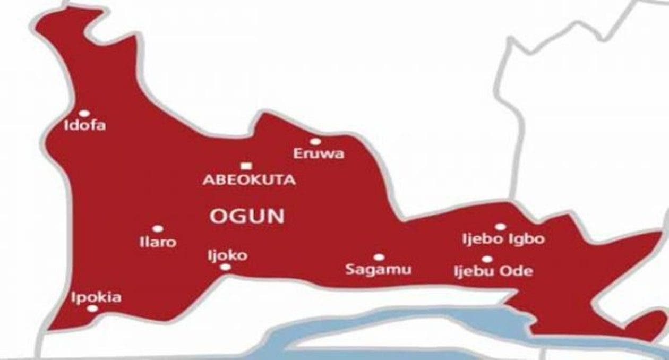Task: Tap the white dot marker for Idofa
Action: (84, 113)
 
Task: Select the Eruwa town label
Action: (319, 154)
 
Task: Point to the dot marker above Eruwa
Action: (315, 142)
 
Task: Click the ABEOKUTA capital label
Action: (249, 180)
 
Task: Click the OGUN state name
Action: (247, 216)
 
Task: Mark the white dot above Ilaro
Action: (157, 229)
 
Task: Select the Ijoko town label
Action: (227, 255)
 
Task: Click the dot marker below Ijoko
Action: (225, 267)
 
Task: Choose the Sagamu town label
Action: (378, 269)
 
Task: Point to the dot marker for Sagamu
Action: (379, 257)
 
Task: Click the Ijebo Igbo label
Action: (503, 239)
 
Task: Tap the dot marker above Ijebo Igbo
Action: (500, 227)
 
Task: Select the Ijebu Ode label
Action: (493, 271)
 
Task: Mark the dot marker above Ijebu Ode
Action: (487, 259)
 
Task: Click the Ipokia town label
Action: (96, 297)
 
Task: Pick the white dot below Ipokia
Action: (92, 308)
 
